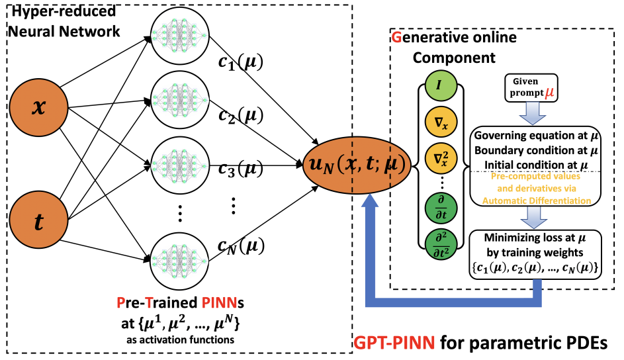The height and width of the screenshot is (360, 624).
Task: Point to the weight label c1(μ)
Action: tap(240, 64)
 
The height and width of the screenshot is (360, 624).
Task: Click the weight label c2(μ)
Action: tap(240, 117)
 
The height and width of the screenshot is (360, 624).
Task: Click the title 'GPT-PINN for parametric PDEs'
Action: tap(480, 343)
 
